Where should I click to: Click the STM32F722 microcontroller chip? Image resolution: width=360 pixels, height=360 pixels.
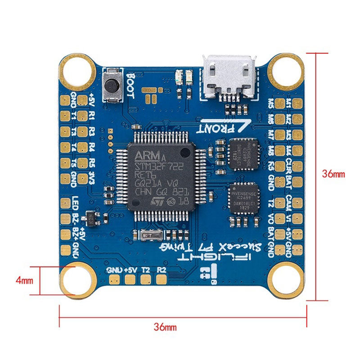click(x=161, y=177)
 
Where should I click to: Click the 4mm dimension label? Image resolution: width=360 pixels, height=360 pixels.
click(x=24, y=280)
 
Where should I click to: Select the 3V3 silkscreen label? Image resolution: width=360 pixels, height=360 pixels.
click(x=91, y=176)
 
